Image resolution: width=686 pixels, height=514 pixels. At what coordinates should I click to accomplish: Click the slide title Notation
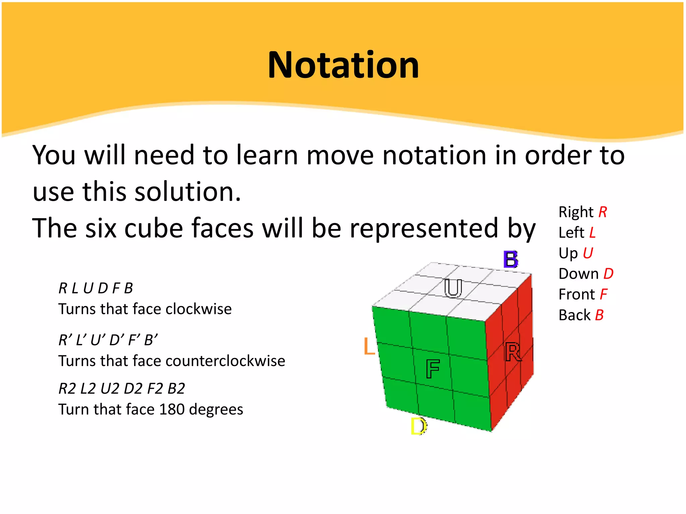click(x=343, y=65)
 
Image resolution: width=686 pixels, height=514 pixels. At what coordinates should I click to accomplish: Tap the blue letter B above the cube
click(x=511, y=259)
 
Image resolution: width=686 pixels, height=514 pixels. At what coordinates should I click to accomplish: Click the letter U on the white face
click(x=453, y=288)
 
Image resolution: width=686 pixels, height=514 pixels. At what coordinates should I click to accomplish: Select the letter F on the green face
click(x=432, y=369)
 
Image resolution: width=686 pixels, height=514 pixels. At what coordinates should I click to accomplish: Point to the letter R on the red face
click(x=512, y=352)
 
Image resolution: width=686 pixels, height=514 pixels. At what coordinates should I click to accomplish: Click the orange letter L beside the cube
click(x=369, y=346)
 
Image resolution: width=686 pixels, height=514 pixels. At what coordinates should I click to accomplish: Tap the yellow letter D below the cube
click(x=418, y=426)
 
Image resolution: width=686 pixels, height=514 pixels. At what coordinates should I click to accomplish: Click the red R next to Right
click(x=603, y=212)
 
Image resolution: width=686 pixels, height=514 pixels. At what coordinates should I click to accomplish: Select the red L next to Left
click(x=592, y=233)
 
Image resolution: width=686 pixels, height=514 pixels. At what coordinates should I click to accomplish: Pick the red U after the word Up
click(x=588, y=253)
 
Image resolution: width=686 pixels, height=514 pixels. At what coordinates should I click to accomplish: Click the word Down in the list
click(x=578, y=274)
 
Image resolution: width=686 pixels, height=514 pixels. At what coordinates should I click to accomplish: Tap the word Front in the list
click(x=576, y=294)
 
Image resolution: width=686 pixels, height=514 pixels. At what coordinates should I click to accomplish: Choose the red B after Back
click(x=599, y=315)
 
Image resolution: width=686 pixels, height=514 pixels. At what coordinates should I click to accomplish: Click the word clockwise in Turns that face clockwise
click(x=198, y=309)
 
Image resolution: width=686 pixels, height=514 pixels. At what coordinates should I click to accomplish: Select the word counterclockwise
click(x=225, y=361)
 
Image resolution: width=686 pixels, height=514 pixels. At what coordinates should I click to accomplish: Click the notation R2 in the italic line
click(x=67, y=389)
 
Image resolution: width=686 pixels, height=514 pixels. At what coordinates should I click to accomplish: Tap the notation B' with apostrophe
click(x=151, y=340)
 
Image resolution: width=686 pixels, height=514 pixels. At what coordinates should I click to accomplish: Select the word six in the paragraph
click(x=101, y=228)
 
